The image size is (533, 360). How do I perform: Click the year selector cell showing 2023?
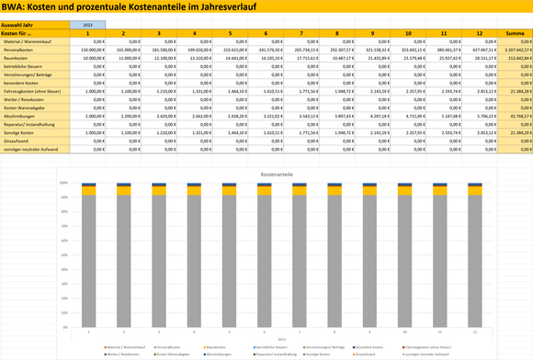click(87, 23)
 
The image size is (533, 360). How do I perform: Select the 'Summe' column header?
click(516, 33)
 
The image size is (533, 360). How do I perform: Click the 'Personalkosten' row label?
click(20, 51)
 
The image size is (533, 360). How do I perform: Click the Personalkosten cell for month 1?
click(87, 51)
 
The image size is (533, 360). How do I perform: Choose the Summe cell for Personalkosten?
click(516, 51)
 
